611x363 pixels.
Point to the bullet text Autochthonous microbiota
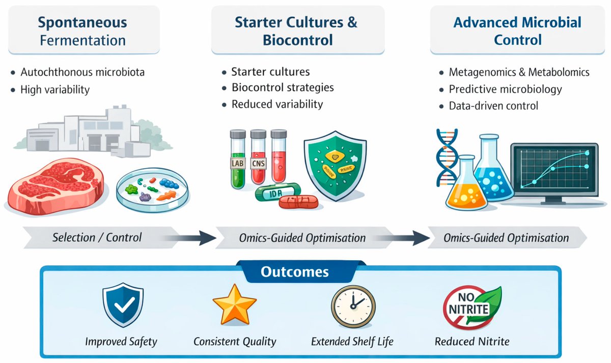(82, 72)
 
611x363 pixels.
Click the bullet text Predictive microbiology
(505, 89)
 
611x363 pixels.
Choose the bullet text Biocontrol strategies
(283, 88)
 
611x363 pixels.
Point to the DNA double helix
(447, 158)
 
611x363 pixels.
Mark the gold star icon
(234, 305)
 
